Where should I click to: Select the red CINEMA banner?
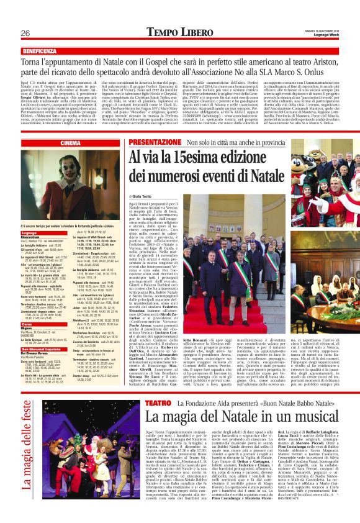coord(71,143)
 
